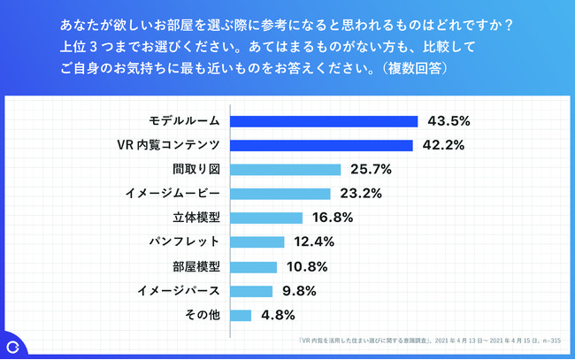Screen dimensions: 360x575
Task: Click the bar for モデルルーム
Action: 324,121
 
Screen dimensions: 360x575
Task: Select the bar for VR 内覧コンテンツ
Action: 322,145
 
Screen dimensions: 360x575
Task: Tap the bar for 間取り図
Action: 286,169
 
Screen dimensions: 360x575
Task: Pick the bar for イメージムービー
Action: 280,194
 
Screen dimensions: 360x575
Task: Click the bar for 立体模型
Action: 267,218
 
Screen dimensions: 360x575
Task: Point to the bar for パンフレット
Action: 257,241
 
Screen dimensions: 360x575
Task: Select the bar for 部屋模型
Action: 254,265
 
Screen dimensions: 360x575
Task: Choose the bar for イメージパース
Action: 252,290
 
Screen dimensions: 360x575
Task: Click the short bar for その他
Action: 241,314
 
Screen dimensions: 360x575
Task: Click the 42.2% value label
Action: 443,145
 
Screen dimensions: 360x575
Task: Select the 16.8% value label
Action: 333,218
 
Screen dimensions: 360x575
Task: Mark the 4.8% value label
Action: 278,314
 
